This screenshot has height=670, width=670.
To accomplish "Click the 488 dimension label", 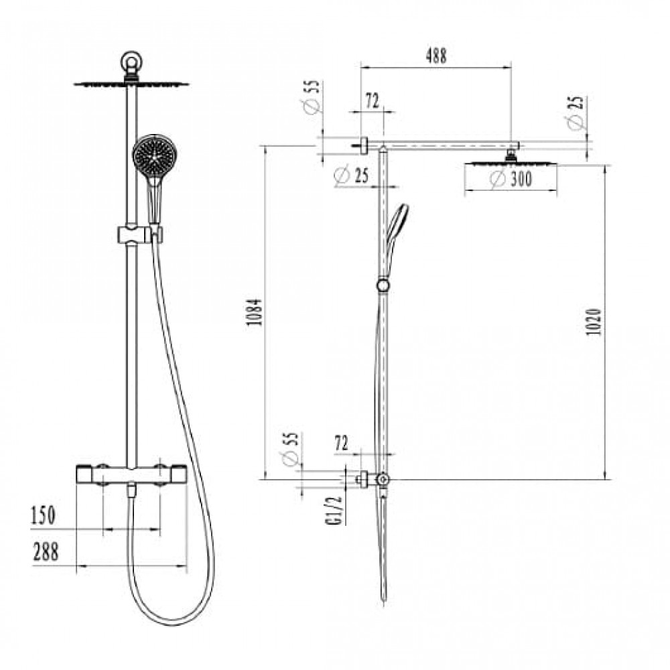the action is pos(436,56).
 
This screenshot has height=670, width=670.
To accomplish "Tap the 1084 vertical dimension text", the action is pos(255,312).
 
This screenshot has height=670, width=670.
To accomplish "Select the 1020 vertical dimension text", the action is pos(594,322).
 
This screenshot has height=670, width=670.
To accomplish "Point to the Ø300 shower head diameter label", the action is pos(511,179).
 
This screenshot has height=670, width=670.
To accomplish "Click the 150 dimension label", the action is pos(43,515).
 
